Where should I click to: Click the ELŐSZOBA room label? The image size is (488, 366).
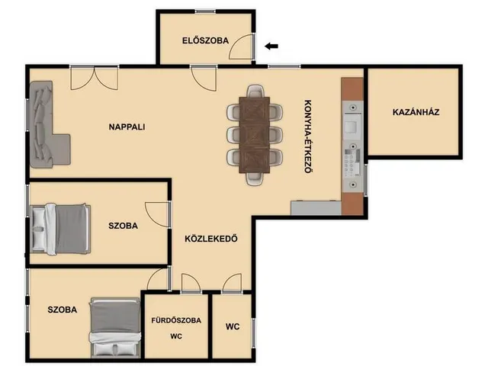click(205, 40)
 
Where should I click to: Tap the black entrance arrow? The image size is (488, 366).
click(271, 47)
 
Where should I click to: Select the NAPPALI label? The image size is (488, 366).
click(127, 127)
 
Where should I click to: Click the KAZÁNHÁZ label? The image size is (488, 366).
click(416, 112)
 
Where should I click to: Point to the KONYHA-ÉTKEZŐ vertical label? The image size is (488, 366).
click(308, 136)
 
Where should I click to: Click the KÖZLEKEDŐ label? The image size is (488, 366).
click(211, 239)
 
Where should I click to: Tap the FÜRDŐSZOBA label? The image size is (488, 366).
click(176, 320)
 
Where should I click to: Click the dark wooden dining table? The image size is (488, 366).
click(254, 135)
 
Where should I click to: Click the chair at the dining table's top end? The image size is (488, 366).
click(255, 91)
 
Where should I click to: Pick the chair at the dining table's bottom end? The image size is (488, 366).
click(255, 179)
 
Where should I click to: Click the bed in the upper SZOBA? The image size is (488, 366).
click(61, 229)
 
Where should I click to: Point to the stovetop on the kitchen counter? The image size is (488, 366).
click(352, 162)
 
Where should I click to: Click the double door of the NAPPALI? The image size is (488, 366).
click(95, 79)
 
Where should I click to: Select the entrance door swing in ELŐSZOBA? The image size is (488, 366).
click(242, 47)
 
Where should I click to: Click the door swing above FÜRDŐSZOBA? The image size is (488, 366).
click(191, 283)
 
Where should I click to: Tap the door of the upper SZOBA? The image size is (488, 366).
click(158, 214)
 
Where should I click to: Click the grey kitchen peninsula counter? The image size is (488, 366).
click(316, 208)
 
